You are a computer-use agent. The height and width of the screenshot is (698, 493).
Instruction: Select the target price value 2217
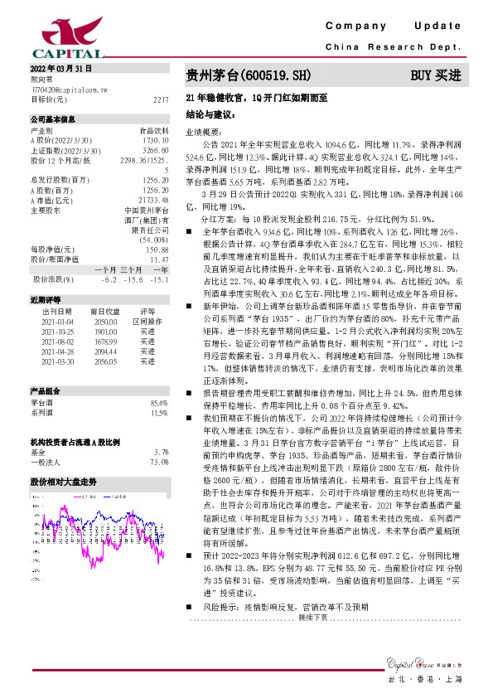coord(162,99)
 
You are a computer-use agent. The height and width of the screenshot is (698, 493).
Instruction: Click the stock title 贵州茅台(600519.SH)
coord(249,75)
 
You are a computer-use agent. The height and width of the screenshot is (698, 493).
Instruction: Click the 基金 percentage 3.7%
coord(162,452)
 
